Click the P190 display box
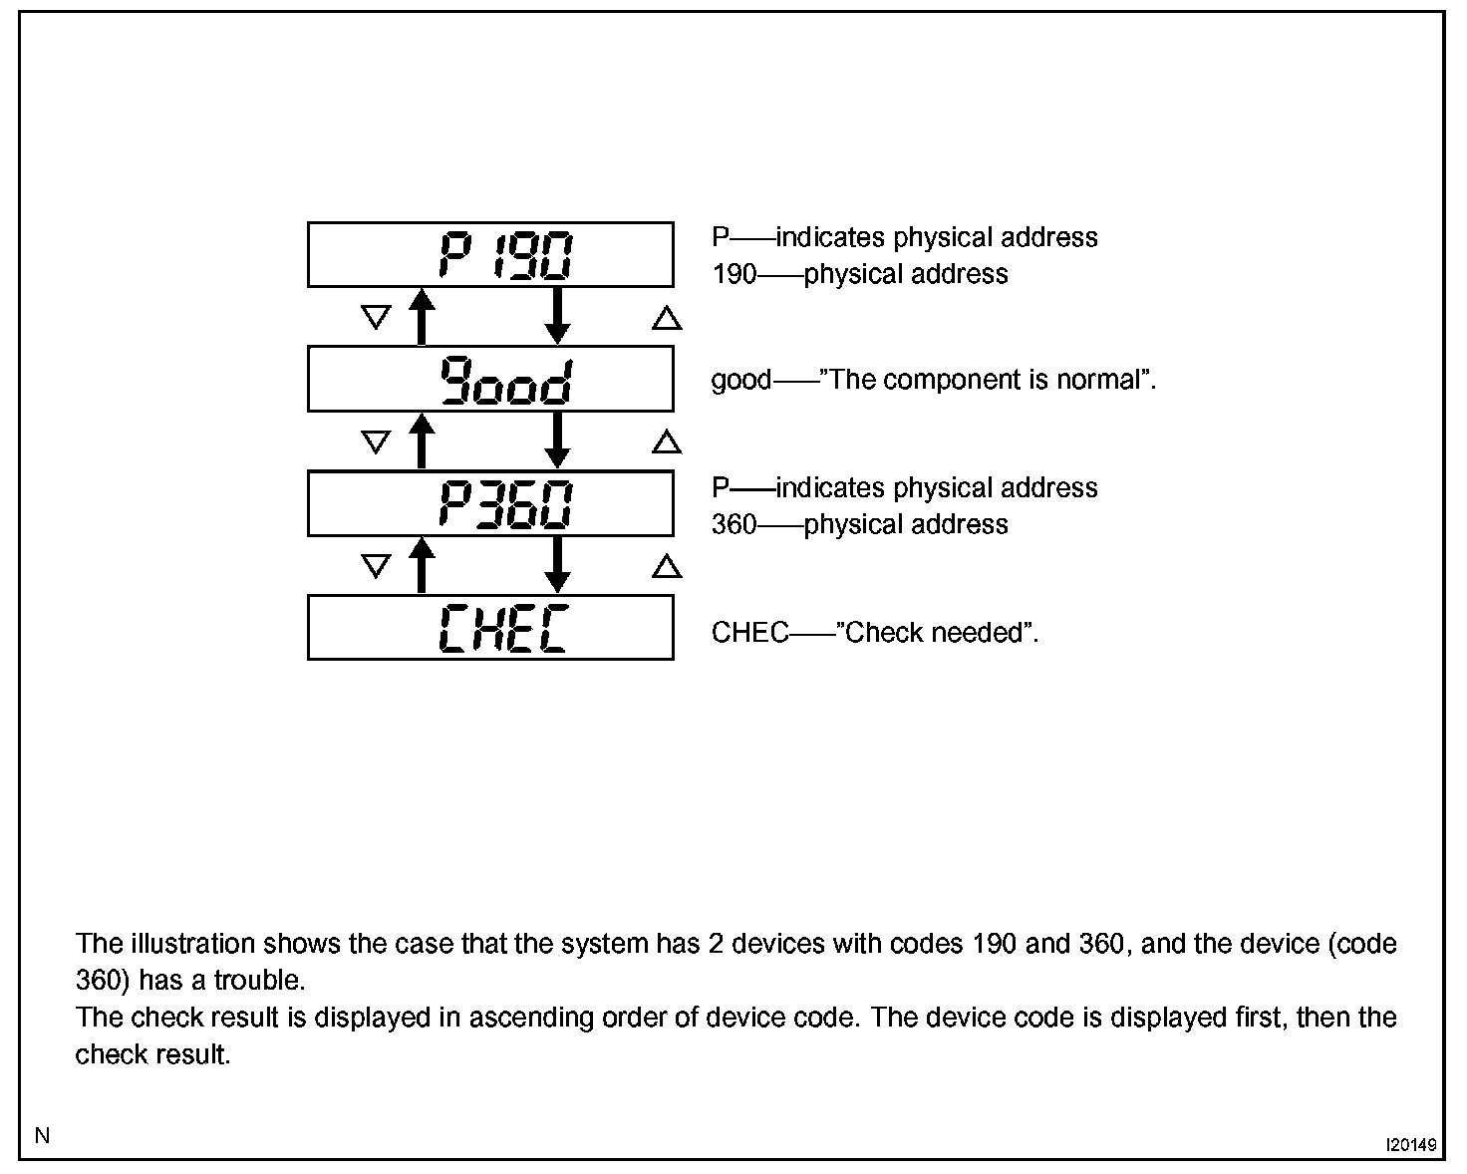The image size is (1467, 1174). [x=490, y=255]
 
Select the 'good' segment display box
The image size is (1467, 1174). [x=490, y=379]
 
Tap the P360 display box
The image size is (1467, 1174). [x=490, y=503]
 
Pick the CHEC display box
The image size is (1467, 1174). [x=490, y=628]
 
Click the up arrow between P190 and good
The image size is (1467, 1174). [x=423, y=316]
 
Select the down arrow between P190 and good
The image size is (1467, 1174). [x=558, y=316]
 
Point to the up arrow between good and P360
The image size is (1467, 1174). [x=423, y=440]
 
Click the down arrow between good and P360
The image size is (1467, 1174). [x=558, y=440]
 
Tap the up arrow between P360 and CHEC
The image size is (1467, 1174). [x=423, y=565]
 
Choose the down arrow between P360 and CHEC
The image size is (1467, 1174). [x=558, y=565]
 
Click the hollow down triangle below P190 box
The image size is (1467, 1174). [x=375, y=318]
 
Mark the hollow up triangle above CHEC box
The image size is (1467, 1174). [x=667, y=567]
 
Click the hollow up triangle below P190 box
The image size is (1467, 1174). [x=667, y=318]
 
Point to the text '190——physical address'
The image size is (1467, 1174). [x=859, y=274]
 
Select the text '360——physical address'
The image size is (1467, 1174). [x=859, y=524]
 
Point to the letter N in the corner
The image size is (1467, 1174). [x=42, y=1135]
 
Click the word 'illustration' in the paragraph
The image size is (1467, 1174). [x=192, y=944]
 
